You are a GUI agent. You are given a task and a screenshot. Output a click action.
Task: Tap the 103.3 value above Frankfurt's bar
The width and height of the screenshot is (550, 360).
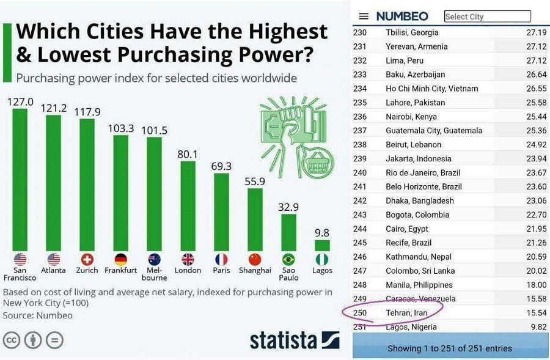[120, 128]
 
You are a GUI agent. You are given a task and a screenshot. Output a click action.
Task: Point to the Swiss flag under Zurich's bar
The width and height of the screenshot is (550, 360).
[87, 259]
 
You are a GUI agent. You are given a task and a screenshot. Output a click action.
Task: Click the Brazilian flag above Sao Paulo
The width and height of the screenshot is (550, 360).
[288, 259]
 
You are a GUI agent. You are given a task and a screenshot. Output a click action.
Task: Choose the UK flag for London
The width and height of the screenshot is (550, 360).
[188, 259]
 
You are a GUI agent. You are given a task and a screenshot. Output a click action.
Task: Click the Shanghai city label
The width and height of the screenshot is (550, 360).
[255, 270]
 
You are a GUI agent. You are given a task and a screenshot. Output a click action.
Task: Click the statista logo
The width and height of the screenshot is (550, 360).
[294, 340]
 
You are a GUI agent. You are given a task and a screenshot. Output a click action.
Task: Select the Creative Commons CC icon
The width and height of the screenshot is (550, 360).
[12, 340]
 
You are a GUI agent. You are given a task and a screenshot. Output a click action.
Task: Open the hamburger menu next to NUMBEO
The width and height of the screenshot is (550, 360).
[364, 17]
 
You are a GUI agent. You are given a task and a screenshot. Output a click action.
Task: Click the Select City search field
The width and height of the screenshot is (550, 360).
[487, 17]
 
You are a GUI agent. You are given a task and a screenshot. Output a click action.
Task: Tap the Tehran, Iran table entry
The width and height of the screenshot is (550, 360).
[406, 313]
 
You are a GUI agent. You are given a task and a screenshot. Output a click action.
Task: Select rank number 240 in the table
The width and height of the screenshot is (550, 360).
[360, 173]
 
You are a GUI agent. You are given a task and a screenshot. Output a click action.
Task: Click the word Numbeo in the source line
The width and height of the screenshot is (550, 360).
[56, 315]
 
